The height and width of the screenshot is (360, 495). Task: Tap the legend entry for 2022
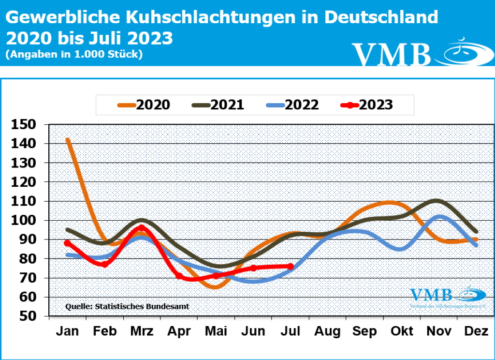pyautogui.click(x=292, y=105)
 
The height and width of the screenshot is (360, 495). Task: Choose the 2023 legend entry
pyautogui.click(x=366, y=105)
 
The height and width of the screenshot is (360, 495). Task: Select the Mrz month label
pyautogui.click(x=142, y=331)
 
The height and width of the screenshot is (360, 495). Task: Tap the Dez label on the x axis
pyautogui.click(x=477, y=331)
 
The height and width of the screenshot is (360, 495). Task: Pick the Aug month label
pyautogui.click(x=328, y=331)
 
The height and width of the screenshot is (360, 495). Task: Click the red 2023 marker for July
pyautogui.click(x=291, y=266)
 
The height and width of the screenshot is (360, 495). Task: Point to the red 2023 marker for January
pyautogui.click(x=67, y=243)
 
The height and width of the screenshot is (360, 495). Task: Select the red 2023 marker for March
pyautogui.click(x=142, y=227)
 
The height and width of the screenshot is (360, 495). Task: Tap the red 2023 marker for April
pyautogui.click(x=179, y=276)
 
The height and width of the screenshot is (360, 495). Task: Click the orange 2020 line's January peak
pyautogui.click(x=68, y=140)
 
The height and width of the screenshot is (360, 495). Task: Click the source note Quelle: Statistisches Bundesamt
pyautogui.click(x=127, y=306)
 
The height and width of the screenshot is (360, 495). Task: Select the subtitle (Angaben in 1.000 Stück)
pyautogui.click(x=74, y=54)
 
